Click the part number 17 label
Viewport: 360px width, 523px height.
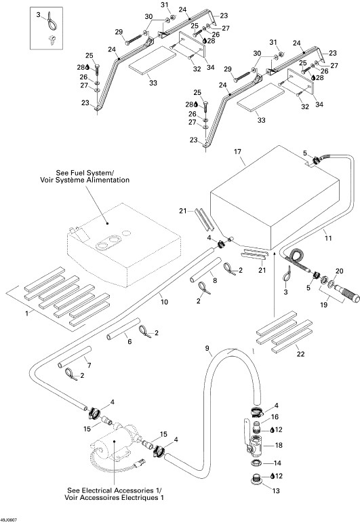(x=237, y=152)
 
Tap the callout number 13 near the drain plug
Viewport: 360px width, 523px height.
(x=276, y=490)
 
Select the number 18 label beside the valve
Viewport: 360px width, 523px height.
(x=279, y=445)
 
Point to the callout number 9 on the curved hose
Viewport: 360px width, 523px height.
(x=207, y=348)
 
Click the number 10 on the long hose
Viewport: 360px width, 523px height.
(x=164, y=302)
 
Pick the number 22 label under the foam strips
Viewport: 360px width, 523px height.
(x=300, y=354)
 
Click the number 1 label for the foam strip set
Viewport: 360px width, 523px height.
(x=27, y=313)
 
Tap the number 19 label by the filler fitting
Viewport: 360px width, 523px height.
(x=323, y=305)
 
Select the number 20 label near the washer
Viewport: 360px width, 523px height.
(x=339, y=271)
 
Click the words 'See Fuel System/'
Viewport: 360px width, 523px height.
(x=85, y=173)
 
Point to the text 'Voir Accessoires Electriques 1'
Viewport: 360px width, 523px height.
(x=114, y=497)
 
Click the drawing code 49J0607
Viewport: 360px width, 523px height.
(x=9, y=520)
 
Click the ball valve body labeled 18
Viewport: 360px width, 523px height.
(x=256, y=445)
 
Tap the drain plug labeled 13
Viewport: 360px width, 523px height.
(x=256, y=479)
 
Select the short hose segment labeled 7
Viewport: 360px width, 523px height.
(x=75, y=357)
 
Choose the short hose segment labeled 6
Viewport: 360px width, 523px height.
(x=123, y=329)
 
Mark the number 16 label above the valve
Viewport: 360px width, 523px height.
(x=275, y=417)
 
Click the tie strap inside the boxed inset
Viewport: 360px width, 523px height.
(x=52, y=23)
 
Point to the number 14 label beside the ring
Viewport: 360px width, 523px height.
(x=277, y=463)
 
